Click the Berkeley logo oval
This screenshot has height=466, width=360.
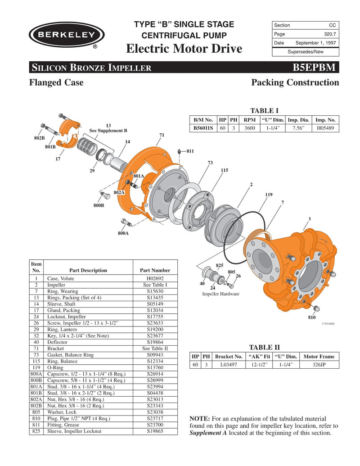pos(66,35)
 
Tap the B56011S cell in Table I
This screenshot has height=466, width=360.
pos(203,128)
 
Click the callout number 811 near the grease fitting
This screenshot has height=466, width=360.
pos(190,151)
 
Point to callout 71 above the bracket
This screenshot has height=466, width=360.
pos(162,135)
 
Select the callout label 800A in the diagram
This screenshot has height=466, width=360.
pos(123,233)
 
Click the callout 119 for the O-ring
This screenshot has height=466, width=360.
pos(269,195)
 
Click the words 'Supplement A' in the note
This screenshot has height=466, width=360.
pos(208,433)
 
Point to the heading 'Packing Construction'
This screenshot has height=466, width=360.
pos(295,82)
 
